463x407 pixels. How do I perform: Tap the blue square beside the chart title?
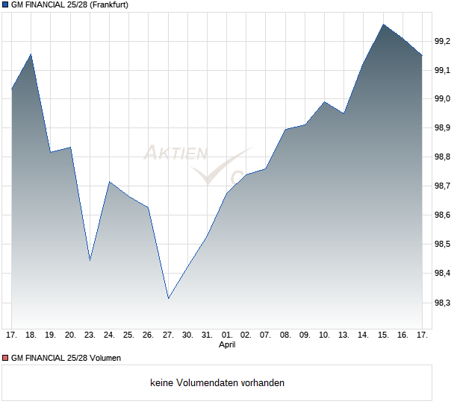click(x=5, y=5)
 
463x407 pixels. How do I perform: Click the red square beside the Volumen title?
click(x=5, y=358)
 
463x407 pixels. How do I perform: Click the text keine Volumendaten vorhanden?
click(x=217, y=383)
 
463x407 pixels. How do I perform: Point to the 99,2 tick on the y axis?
click(x=443, y=41)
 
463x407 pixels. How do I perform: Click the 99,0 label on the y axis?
click(x=443, y=99)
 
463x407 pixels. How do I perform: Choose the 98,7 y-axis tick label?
click(x=443, y=186)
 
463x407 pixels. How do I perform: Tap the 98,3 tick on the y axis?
click(x=443, y=303)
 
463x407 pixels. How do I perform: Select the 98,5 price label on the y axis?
click(x=443, y=244)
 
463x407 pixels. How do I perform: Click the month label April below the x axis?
click(x=227, y=345)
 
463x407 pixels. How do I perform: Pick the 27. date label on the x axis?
click(x=168, y=335)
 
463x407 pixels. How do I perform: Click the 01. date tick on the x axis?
click(x=227, y=335)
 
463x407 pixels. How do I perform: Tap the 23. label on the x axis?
click(x=90, y=335)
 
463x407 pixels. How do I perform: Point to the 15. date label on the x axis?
click(x=383, y=335)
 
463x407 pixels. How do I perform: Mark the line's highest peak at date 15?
click(x=383, y=24)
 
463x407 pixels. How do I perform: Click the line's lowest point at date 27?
click(x=168, y=299)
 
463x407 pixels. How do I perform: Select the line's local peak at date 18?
click(x=31, y=54)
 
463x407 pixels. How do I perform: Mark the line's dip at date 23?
click(x=90, y=260)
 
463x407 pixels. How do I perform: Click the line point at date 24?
click(x=109, y=182)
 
